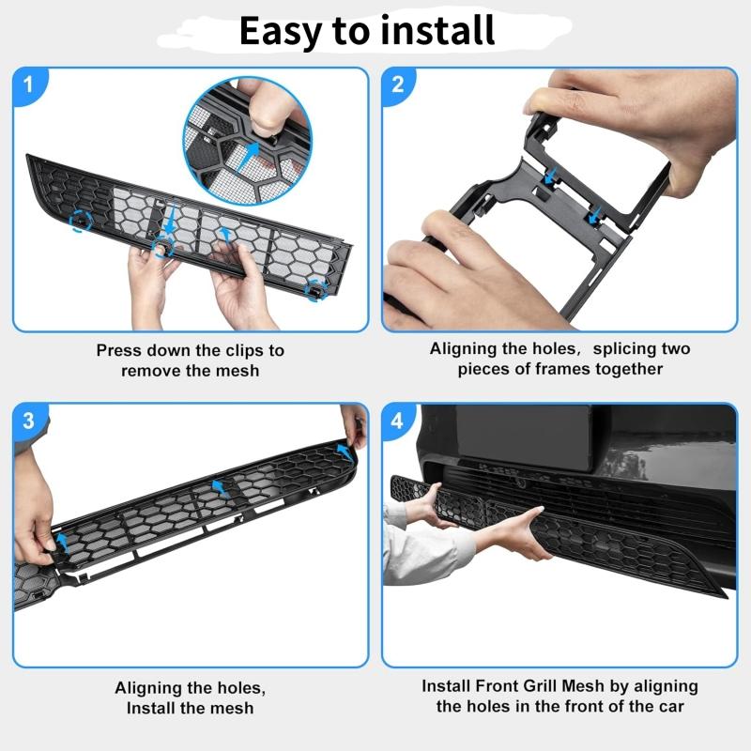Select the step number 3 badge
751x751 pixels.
pos(28,421)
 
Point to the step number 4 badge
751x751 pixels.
pos(397,421)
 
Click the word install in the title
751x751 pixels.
pos(437,31)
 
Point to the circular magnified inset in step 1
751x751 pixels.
pos(246,141)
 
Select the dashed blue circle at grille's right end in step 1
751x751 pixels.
pos(316,285)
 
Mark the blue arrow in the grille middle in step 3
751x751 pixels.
pos(219,486)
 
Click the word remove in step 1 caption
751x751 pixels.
pos(153,371)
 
